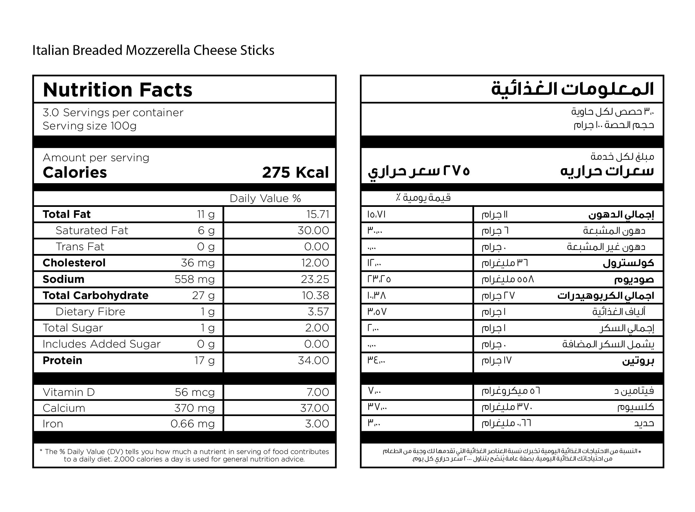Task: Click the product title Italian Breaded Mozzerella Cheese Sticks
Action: tap(153, 50)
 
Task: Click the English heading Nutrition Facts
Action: tap(118, 90)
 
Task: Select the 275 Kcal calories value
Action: tap(295, 172)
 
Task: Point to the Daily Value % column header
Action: tap(265, 198)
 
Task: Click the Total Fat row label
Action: tap(67, 214)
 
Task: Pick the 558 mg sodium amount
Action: tap(195, 279)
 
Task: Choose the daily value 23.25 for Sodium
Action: tap(315, 279)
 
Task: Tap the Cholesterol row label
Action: tap(74, 263)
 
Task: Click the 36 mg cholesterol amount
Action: tap(197, 263)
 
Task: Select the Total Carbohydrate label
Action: tap(95, 295)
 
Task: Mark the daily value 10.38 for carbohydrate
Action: tap(315, 295)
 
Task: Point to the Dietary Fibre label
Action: tap(90, 311)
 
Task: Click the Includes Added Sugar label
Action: tap(102, 344)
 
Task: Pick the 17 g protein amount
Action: tap(204, 360)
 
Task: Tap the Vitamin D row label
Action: tap(69, 392)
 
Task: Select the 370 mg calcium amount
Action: tap(194, 408)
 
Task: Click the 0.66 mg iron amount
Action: tap(192, 424)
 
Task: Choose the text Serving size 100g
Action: tap(90, 126)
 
